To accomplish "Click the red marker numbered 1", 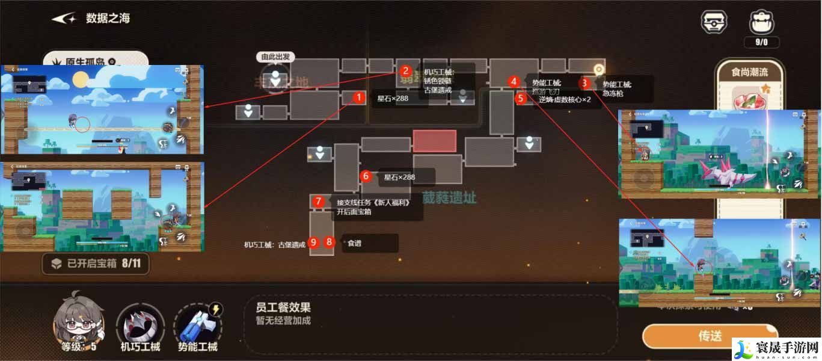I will (x=358, y=97).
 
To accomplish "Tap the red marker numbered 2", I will (x=406, y=71).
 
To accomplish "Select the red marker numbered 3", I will (x=584, y=83).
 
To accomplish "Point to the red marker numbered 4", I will (x=513, y=82).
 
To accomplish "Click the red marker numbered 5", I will (x=521, y=98).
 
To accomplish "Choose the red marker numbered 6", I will (x=366, y=176).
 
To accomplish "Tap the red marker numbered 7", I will (x=319, y=202).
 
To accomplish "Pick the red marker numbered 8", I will (x=329, y=242).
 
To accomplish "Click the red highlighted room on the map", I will (x=434, y=141).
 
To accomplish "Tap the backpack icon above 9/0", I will (x=761, y=22).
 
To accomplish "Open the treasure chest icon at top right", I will (x=714, y=22).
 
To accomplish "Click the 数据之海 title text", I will (x=108, y=18).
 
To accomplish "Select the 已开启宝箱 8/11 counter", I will (x=96, y=263).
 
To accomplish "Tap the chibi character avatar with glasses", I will (x=78, y=319).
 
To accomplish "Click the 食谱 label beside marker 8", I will (x=354, y=244).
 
